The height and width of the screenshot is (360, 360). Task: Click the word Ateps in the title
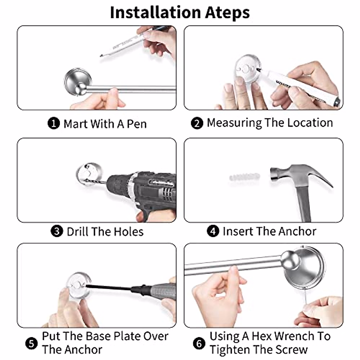227,13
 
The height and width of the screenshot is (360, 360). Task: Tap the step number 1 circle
54,123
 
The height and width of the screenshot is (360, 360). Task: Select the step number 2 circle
197,123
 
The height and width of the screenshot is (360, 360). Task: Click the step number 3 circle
57,231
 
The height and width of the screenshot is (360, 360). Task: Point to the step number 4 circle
213,231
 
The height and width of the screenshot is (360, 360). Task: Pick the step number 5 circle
31,343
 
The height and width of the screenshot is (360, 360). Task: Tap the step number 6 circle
199,343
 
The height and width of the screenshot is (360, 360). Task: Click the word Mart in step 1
76,124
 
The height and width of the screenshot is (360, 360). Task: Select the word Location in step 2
310,123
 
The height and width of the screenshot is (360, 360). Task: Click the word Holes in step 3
128,232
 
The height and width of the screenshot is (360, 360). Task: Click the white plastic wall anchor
244,176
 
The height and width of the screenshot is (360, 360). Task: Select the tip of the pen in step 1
101,56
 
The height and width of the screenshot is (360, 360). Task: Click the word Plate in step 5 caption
127,336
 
